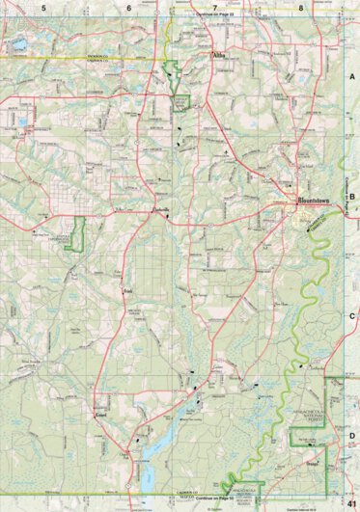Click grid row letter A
[352, 76]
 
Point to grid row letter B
[352, 196]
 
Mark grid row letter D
[352, 435]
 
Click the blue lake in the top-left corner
[17, 44]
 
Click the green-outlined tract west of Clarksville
[78, 233]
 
